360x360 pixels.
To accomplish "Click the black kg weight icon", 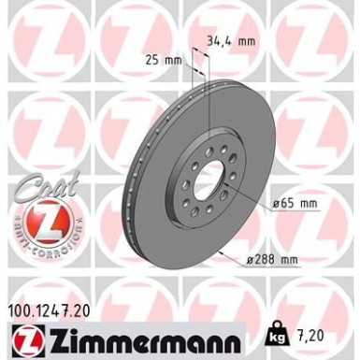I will (x=278, y=333).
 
